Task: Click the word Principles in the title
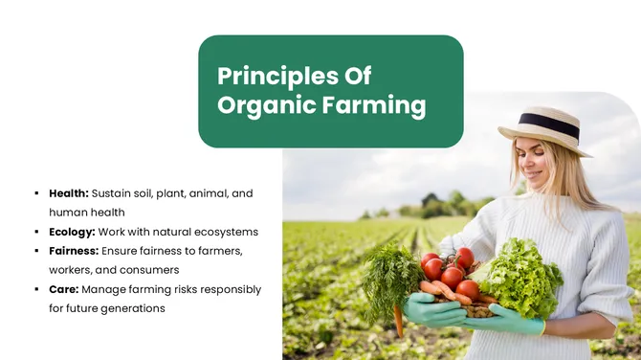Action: point(267,76)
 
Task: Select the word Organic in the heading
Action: point(266,104)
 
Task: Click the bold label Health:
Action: point(69,193)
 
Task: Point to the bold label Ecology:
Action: point(72,232)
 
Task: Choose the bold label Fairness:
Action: point(75,251)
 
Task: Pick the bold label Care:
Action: point(64,289)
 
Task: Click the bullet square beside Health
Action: point(35,193)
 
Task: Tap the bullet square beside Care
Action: point(35,289)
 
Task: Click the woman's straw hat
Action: point(545,128)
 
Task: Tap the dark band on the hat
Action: point(549,125)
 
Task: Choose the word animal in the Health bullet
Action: point(208,193)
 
